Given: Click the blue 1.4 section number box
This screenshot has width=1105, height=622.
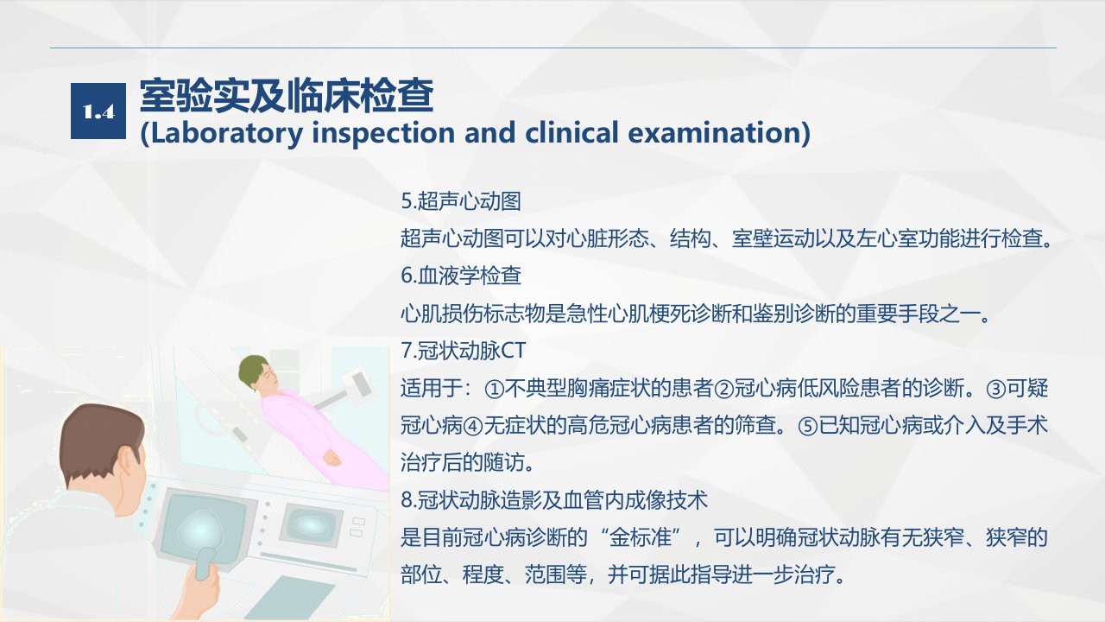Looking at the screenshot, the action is click(98, 111).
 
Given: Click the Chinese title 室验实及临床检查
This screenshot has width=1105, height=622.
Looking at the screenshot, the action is click(287, 95).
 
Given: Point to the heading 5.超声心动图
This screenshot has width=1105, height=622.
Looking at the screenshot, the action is click(461, 201).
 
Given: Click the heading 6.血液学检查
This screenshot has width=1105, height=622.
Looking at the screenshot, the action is click(461, 276).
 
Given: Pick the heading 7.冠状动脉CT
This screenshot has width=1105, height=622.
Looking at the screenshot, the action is click(464, 351).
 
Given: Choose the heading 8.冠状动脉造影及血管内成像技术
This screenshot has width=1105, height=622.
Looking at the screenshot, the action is click(554, 500).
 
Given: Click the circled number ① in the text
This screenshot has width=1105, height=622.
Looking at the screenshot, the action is click(494, 389).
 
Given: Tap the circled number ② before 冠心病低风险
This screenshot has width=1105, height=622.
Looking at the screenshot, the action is click(723, 389).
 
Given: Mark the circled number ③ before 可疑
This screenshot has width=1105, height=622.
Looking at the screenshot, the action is click(995, 389).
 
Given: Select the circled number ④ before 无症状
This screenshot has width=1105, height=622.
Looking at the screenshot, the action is click(472, 426).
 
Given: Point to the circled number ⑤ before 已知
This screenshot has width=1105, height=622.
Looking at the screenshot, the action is click(807, 426).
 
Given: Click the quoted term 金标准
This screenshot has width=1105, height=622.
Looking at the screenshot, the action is click(641, 537).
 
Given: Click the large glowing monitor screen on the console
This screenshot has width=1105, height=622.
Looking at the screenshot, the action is click(202, 528).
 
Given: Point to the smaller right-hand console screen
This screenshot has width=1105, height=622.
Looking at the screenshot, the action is click(310, 524).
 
